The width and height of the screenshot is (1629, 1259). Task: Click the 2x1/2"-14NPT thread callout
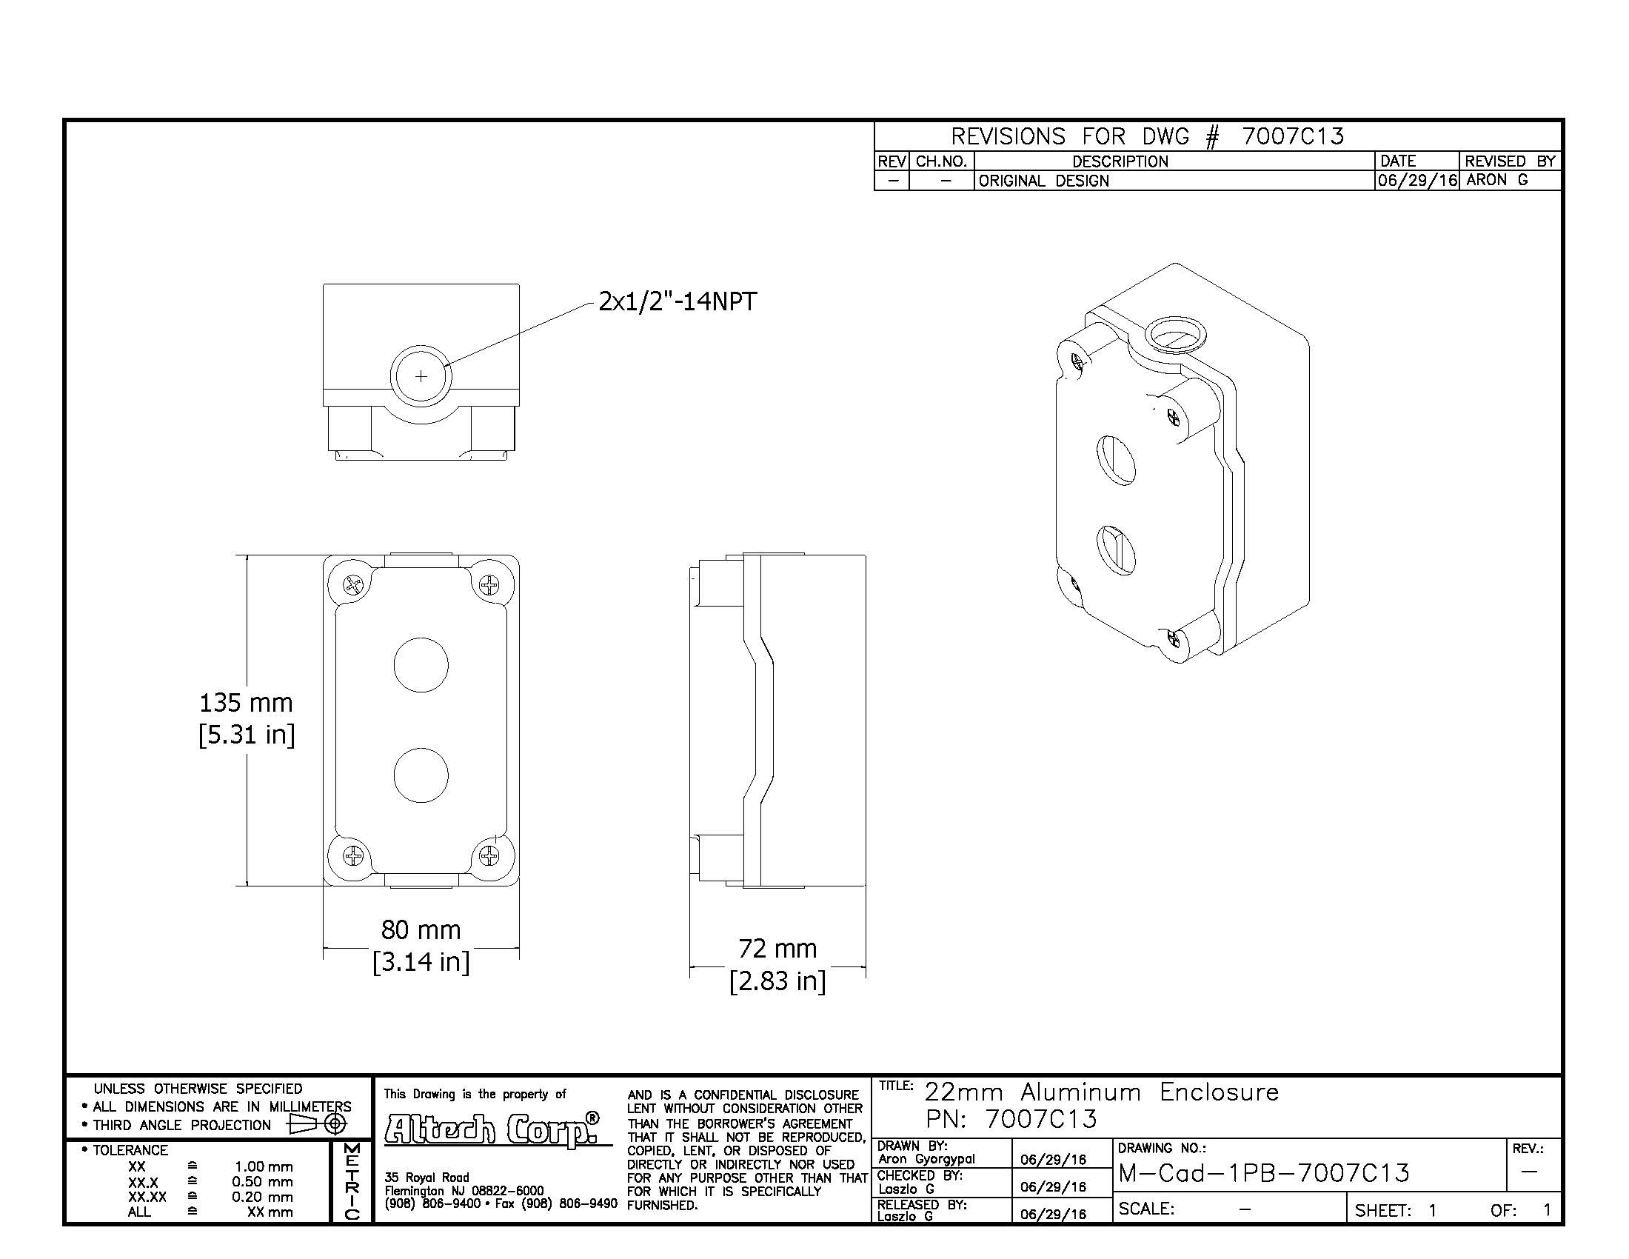pos(678,301)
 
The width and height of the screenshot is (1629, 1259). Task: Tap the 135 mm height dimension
pos(245,703)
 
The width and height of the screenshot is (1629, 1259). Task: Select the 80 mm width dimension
pos(421,930)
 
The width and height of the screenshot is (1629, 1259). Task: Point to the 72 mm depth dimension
pos(777,949)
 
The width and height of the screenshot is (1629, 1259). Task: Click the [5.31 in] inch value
pos(246,735)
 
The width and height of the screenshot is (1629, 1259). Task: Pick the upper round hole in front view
pos(421,664)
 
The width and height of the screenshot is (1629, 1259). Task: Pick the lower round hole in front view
pos(421,775)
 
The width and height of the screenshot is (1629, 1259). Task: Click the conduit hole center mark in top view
pos(421,376)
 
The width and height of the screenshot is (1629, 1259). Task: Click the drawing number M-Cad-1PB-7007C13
pos(1263,1173)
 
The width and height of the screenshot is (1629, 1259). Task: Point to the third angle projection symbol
pos(317,1124)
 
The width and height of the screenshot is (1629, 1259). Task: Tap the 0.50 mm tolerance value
pos(262,1181)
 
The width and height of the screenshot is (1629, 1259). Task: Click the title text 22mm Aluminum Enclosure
pos(1101,1092)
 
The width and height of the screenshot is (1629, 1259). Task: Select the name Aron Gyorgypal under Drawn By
pos(926,1159)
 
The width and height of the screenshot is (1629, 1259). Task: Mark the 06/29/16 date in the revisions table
pos(1416,181)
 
